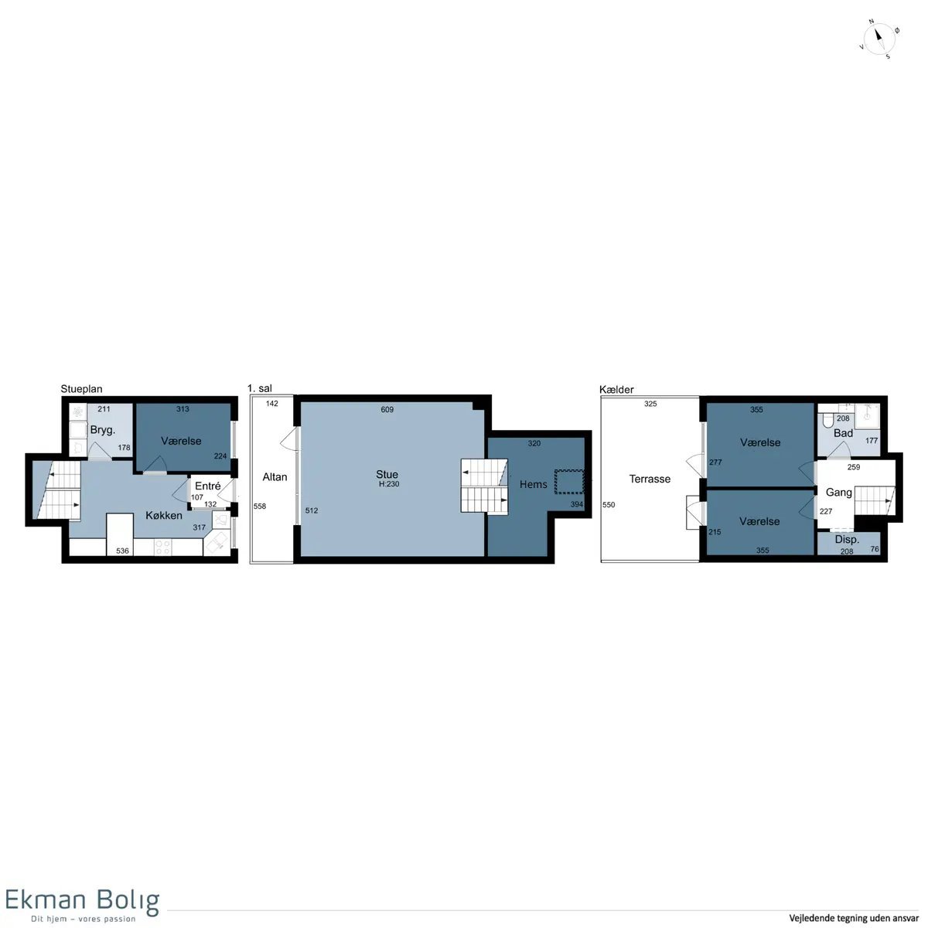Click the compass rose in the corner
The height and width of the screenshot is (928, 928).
(x=879, y=39)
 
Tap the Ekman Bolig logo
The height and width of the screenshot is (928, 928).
(x=82, y=906)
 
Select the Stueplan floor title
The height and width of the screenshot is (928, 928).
(x=81, y=389)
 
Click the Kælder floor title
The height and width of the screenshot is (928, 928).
(x=616, y=389)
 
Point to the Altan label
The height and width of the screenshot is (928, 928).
(x=275, y=477)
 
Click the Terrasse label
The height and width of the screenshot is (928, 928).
(x=650, y=479)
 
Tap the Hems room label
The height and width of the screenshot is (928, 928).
(x=533, y=484)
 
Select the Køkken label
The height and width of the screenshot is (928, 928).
(x=164, y=515)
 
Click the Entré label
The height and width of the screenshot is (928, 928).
(x=207, y=486)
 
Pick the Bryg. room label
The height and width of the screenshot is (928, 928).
(x=103, y=430)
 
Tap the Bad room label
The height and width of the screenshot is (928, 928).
(x=843, y=433)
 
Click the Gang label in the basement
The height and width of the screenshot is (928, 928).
(x=839, y=492)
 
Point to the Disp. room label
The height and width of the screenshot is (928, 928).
(x=847, y=540)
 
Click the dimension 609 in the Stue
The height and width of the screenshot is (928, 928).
(x=387, y=409)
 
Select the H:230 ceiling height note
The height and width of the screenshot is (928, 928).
(x=389, y=484)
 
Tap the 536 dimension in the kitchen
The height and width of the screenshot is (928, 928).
(x=122, y=551)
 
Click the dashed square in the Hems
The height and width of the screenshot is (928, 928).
(x=569, y=482)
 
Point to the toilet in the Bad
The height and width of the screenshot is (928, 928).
(x=828, y=419)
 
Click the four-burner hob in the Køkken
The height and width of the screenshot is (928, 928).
(x=162, y=547)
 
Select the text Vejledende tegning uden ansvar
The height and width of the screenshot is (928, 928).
(x=854, y=917)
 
